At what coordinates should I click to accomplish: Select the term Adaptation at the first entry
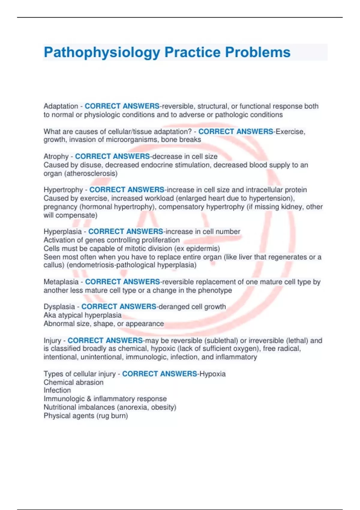pyautogui.click(x=61, y=106)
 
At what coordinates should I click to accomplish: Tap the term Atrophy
pyautogui.click(x=56, y=157)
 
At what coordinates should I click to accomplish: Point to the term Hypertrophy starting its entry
pyautogui.click(x=63, y=190)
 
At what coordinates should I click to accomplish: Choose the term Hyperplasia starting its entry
pyautogui.click(x=62, y=232)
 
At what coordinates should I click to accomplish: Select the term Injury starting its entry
pyautogui.click(x=52, y=341)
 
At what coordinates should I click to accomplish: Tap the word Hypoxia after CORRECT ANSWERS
pyautogui.click(x=212, y=374)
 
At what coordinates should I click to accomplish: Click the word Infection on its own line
pyautogui.click(x=57, y=390)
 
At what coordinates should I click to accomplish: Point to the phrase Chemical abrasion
pyautogui.click(x=73, y=382)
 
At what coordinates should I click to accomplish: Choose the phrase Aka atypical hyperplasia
pyautogui.click(x=82, y=315)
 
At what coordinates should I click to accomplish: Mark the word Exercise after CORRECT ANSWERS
pyautogui.click(x=290, y=132)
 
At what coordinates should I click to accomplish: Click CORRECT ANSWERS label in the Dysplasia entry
pyautogui.click(x=119, y=307)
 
